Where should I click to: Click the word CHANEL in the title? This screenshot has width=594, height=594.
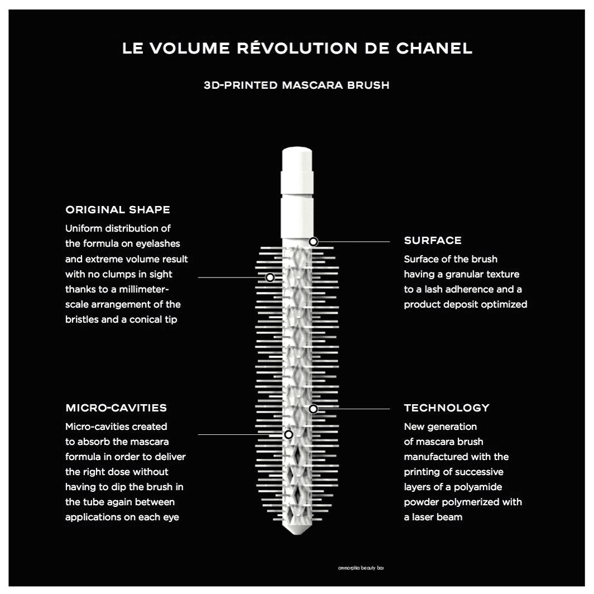pos(434,49)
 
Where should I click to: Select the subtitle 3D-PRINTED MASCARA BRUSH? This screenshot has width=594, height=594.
pos(296,85)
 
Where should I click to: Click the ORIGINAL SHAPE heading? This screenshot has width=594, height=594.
pos(117,209)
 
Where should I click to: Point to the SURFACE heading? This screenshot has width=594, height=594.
pos(433,240)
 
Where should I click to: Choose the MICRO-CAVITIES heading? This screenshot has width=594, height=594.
pos(116,408)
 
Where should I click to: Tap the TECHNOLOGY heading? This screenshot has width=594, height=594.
pos(447,408)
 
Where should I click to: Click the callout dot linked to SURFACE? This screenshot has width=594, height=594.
pos(313,241)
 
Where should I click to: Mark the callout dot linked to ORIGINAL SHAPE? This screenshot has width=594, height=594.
pos(270,277)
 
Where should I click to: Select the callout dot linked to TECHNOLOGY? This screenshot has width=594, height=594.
pos(313,409)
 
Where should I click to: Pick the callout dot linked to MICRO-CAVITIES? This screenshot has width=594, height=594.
pos(289,434)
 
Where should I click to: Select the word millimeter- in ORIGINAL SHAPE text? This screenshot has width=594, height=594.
pos(144,289)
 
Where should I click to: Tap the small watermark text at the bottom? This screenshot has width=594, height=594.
pos(361,568)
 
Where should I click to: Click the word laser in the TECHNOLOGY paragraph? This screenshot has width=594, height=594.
pos(423,517)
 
